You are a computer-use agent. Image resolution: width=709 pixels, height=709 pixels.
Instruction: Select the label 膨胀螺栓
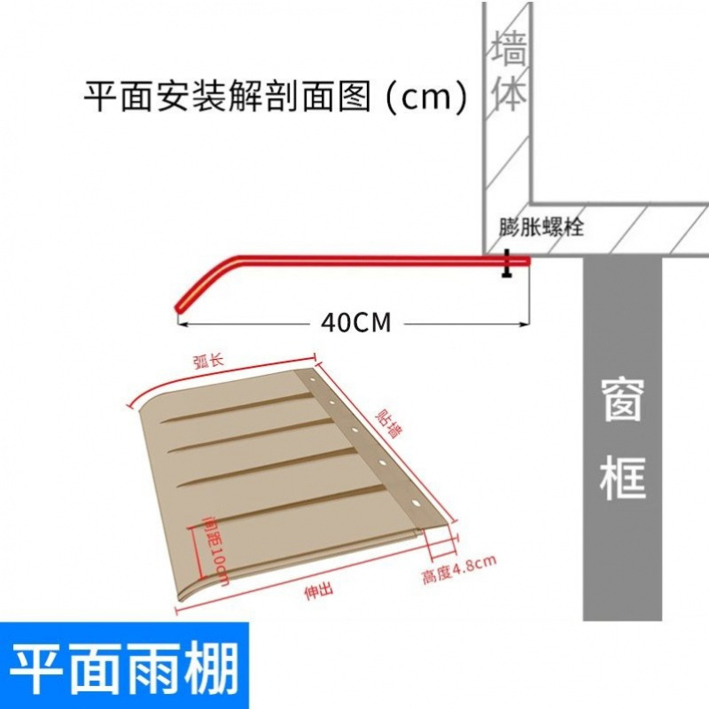coord(541,226)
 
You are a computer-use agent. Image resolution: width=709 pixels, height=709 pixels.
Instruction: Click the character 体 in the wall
coord(509,93)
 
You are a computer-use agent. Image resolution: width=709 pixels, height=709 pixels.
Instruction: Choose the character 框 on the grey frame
coord(623,479)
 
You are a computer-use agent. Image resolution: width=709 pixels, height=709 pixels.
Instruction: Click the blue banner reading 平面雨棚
coord(124,669)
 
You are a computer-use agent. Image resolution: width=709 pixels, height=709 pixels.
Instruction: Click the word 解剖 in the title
coord(256,96)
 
